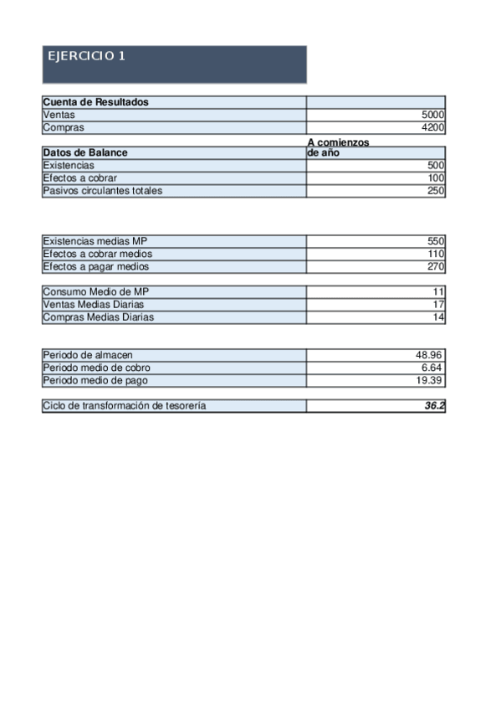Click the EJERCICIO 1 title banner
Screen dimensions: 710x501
click(174, 64)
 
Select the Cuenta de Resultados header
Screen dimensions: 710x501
click(95, 102)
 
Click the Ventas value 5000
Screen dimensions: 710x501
click(433, 116)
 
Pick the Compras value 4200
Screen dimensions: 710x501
click(433, 128)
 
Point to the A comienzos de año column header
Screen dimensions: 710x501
click(338, 148)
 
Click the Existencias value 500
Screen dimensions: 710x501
click(435, 166)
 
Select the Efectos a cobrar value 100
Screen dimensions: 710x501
click(435, 178)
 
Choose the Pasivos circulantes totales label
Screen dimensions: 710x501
click(102, 191)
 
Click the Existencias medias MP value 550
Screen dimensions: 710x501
click(435, 241)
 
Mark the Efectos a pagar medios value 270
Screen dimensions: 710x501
click(435, 266)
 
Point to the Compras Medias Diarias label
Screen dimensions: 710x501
click(98, 317)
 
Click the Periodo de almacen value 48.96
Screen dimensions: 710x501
click(429, 355)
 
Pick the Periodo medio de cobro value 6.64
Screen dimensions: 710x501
click(432, 368)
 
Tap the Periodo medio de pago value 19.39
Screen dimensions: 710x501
click(429, 380)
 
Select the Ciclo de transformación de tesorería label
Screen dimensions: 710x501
click(124, 406)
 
